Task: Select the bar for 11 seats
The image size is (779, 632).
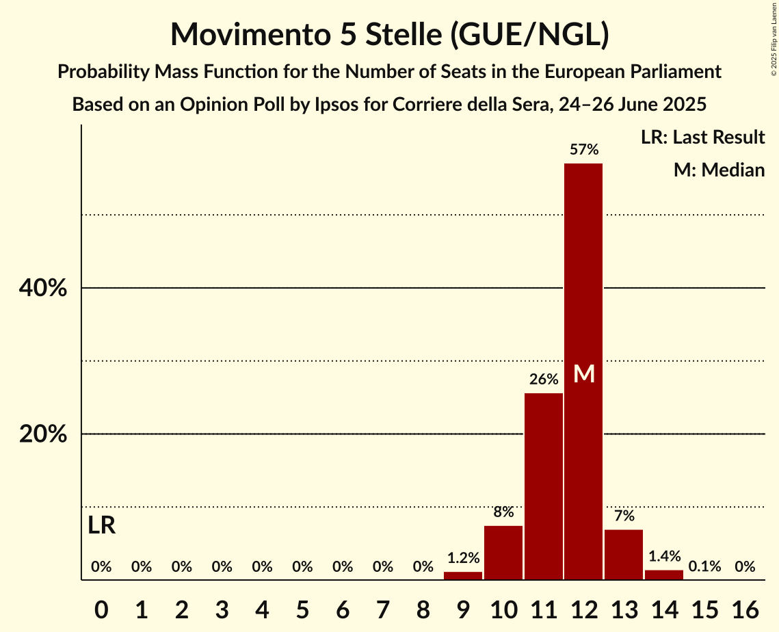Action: [544, 486]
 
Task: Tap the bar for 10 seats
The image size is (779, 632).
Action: [503, 553]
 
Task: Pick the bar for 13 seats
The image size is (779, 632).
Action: [624, 555]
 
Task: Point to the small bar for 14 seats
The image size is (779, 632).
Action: [664, 575]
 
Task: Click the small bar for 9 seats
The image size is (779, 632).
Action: [463, 576]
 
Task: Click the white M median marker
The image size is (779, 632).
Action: [584, 374]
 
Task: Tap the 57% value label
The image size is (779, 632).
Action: [584, 149]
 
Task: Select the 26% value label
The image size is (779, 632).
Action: [544, 379]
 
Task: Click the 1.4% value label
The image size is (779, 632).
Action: [664, 556]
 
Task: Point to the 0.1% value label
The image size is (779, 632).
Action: [704, 566]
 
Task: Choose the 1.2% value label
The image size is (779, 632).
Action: [463, 557]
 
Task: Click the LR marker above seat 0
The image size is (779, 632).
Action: [101, 526]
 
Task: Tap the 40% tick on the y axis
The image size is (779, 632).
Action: [43, 289]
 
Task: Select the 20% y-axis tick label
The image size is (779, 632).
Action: [43, 434]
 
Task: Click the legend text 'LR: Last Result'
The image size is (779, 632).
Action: [702, 137]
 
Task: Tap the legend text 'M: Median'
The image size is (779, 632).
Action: [719, 170]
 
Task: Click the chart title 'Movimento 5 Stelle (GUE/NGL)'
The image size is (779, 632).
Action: [389, 34]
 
